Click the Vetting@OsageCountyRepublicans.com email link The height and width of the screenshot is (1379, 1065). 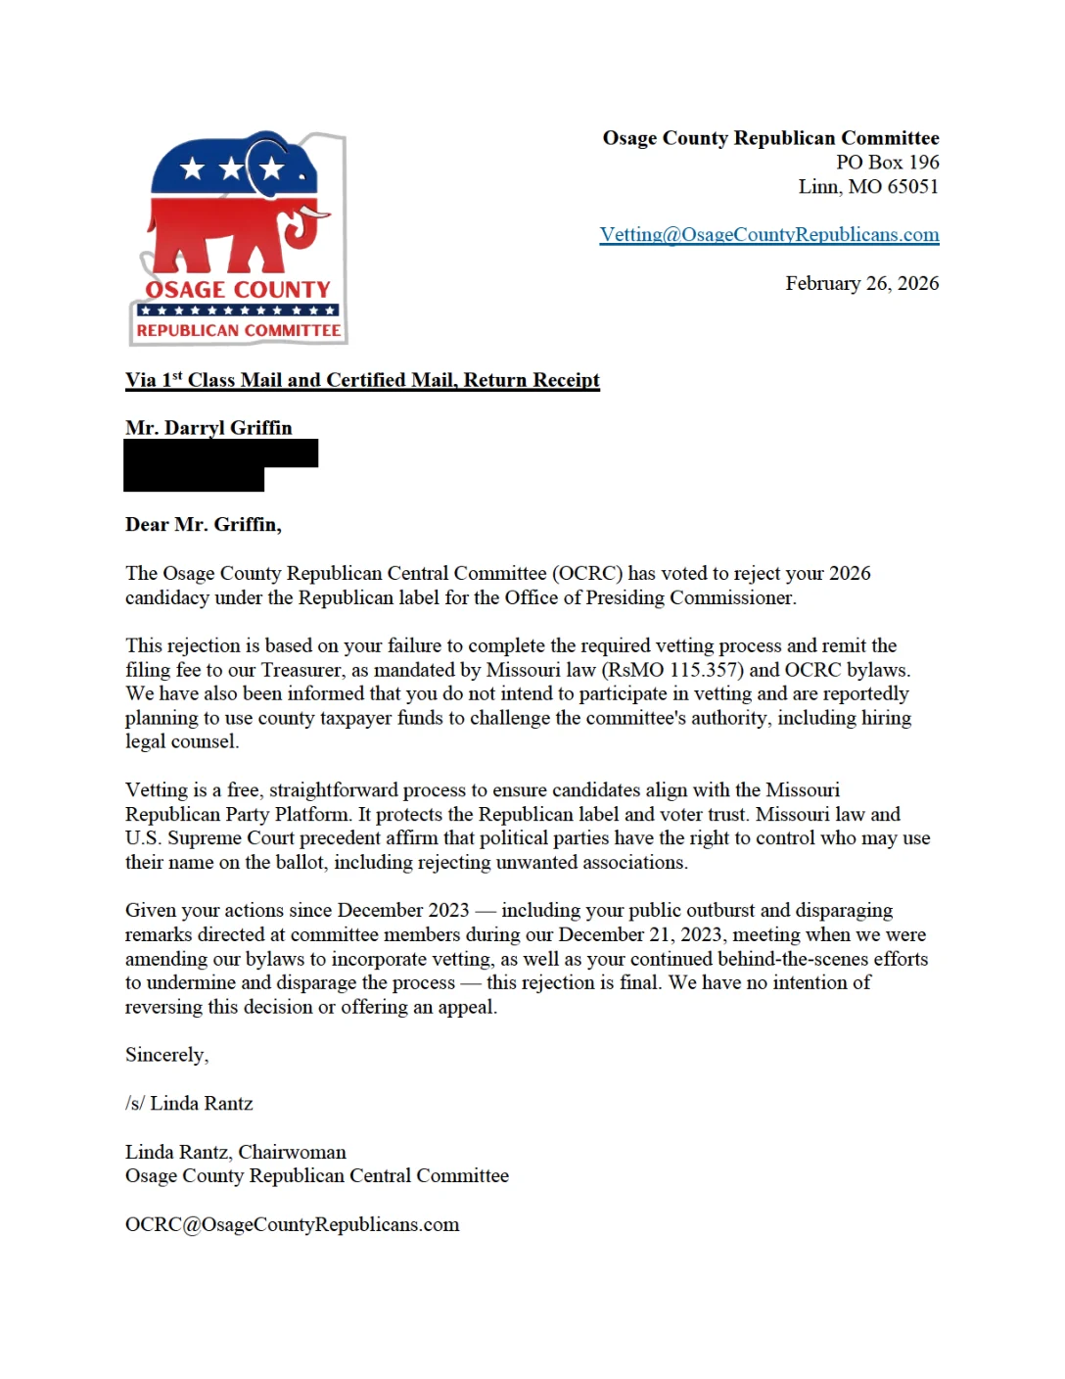click(768, 235)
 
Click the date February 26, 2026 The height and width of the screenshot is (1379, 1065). click(861, 284)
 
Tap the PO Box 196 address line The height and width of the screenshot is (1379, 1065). click(887, 163)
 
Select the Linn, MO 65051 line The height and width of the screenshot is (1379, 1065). click(868, 187)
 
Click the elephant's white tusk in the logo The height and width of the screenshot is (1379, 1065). click(315, 211)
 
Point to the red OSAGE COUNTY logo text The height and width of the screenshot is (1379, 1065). click(238, 290)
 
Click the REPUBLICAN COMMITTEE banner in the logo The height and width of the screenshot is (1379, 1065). click(239, 331)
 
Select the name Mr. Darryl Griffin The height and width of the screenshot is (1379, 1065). click(208, 428)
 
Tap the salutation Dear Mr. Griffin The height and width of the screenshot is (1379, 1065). click(203, 525)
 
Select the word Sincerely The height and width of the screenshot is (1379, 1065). click(166, 1055)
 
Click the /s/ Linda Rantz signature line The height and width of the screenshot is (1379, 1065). click(189, 1104)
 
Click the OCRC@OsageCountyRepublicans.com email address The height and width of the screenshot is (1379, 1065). click(292, 1225)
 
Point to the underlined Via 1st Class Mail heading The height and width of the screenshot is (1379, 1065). click(362, 380)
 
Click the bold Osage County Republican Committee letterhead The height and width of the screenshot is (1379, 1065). click(770, 138)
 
